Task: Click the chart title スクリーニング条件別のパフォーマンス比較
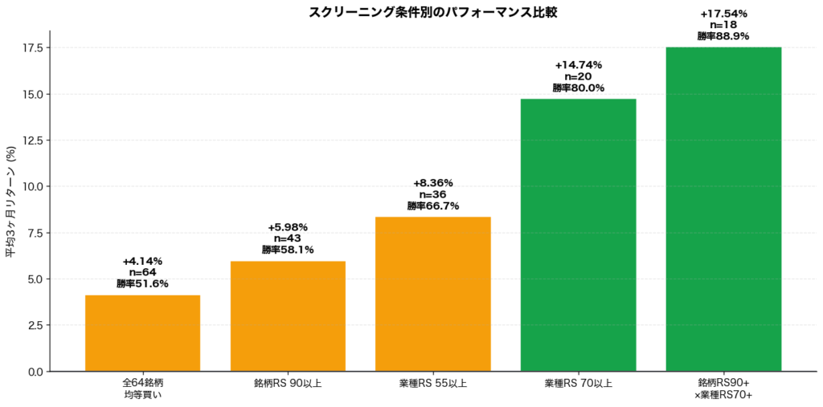click(432, 13)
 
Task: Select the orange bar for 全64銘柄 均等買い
click(143, 333)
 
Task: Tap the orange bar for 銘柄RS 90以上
click(288, 316)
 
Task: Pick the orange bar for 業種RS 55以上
click(433, 295)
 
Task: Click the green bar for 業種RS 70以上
click(579, 235)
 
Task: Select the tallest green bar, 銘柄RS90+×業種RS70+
click(724, 210)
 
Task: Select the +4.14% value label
click(143, 261)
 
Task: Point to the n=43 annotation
click(288, 238)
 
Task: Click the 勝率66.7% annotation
click(433, 206)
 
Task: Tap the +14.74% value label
click(579, 65)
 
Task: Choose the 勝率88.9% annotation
click(723, 36)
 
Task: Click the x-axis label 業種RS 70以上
click(579, 383)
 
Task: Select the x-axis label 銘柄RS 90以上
click(288, 383)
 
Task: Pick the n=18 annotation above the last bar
click(724, 25)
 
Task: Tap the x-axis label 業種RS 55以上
click(433, 383)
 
